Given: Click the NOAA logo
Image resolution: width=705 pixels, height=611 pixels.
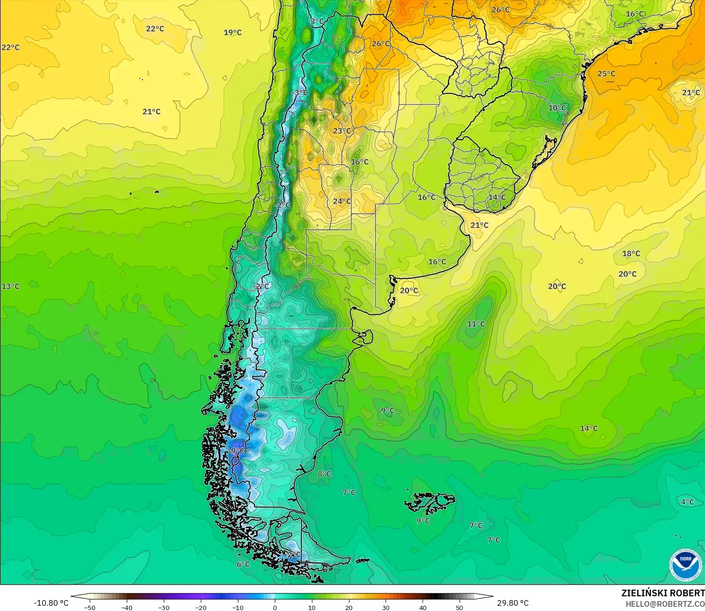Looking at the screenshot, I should point(685,565).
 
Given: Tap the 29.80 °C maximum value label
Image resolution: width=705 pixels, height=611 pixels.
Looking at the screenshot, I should point(513,603).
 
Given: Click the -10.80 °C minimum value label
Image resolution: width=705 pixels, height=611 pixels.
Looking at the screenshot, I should point(51,603).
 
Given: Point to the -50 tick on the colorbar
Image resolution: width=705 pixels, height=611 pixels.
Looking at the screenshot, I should point(89,607).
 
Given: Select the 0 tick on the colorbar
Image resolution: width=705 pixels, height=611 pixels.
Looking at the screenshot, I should point(274,607).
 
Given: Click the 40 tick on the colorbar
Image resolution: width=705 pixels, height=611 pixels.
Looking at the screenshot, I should point(423,607).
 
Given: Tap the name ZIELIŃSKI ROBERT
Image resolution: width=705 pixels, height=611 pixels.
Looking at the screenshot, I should point(663,593).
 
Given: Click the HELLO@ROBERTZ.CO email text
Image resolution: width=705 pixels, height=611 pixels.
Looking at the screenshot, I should point(665,604).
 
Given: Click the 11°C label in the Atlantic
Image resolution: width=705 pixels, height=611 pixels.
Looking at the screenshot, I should point(476,324).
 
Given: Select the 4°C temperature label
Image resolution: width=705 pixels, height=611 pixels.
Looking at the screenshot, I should point(687,502).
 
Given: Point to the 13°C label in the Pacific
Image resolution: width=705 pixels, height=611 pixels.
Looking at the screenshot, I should point(10,286).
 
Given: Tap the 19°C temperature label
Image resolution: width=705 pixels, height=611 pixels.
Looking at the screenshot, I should point(233,32).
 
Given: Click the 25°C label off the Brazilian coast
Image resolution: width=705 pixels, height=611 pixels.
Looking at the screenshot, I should point(606,74).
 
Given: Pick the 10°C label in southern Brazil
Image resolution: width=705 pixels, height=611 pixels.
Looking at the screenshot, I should point(557,108).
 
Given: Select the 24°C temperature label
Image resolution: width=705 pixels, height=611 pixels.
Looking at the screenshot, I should point(342,201).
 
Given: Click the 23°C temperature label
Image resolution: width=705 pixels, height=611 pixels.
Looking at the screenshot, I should point(342,131).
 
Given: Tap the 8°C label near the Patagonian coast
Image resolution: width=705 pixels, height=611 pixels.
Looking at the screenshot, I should point(324,474).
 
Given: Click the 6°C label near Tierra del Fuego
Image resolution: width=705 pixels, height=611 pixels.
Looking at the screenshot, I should point(243,564).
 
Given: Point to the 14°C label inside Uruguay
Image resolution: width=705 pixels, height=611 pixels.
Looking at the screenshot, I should point(497,197).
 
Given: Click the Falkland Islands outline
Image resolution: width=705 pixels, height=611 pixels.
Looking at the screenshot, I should point(430,503).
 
